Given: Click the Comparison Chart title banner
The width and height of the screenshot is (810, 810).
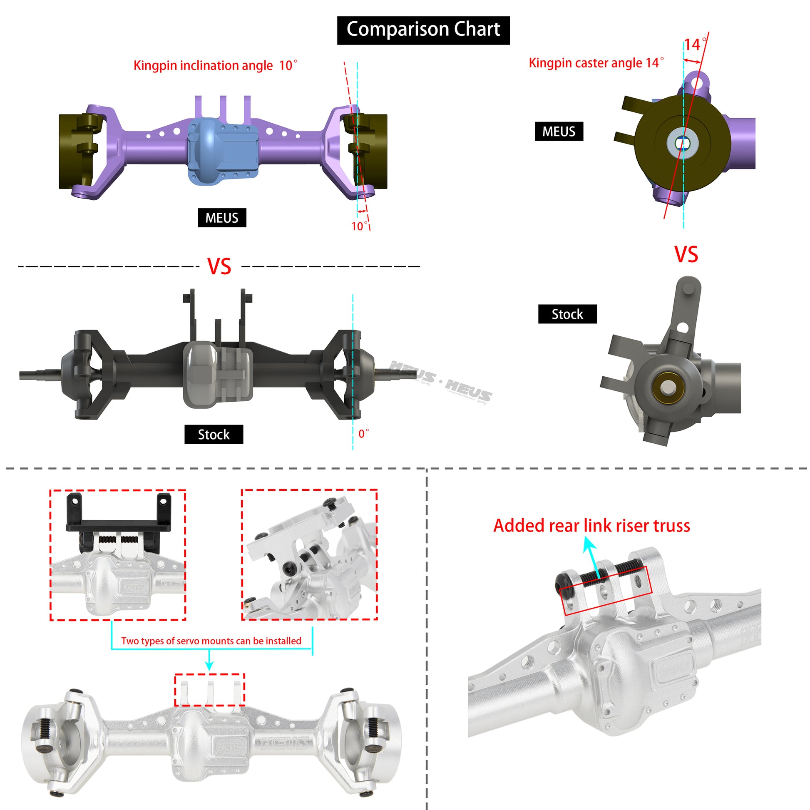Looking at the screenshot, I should tap(423, 30).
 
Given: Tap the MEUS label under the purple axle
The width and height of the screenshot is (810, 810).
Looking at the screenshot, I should tap(222, 218).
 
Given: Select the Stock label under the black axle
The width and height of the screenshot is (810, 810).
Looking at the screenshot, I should tap(214, 435).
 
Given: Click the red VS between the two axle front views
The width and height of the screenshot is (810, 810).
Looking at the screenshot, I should tap(219, 267).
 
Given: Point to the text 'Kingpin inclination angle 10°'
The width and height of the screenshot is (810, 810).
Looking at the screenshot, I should tap(215, 65).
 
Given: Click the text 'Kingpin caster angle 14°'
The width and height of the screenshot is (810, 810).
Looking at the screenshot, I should tap(596, 63).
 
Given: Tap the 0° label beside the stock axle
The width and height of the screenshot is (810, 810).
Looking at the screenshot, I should tap(363, 433).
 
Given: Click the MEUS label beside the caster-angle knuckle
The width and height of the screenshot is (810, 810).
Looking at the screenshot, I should tap(559, 132).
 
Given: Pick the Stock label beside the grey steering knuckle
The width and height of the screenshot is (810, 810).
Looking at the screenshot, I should tap(567, 314).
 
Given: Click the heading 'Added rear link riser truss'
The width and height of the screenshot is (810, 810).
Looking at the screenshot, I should tap(591, 526).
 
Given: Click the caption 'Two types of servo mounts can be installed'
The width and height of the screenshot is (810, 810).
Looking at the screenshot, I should tap(211, 641).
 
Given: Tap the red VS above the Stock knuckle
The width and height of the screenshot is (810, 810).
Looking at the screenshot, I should tap(686, 254).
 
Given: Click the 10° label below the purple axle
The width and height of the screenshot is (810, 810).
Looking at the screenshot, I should tap(359, 226).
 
